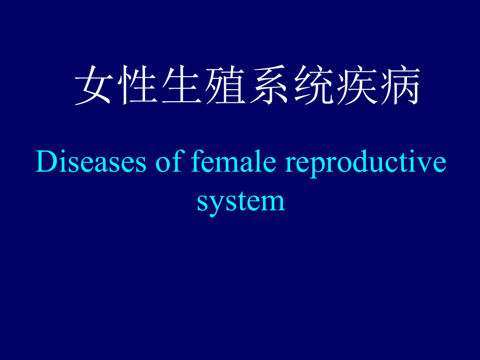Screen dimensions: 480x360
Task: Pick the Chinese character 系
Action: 269,85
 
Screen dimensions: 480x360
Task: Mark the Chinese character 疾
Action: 357,85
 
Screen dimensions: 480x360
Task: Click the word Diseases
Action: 91,161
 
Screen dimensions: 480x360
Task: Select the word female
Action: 234,161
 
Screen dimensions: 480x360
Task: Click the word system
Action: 241,202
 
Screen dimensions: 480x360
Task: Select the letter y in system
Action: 219,207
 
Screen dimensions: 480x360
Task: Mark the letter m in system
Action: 271,203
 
